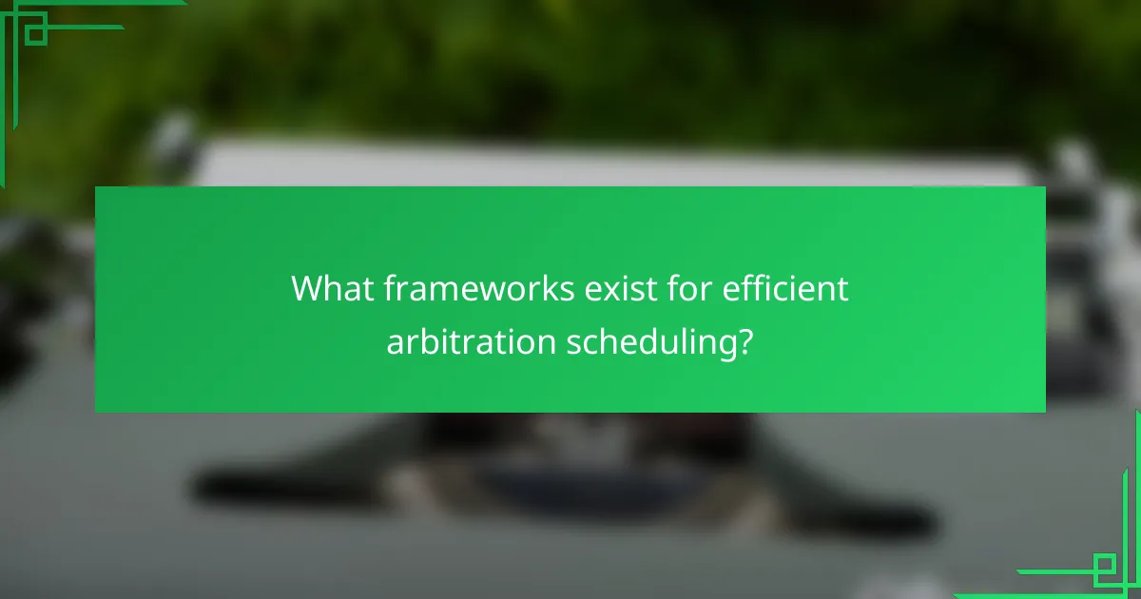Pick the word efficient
tap(786, 288)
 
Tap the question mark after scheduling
tap(747, 342)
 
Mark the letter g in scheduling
tap(725, 347)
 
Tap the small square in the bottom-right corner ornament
tap(1105, 568)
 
